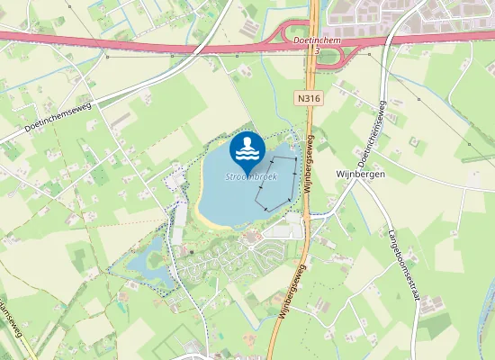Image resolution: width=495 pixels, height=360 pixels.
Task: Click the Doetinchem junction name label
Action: click(x=316, y=41)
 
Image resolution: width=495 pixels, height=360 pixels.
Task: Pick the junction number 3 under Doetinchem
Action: click(x=317, y=51)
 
